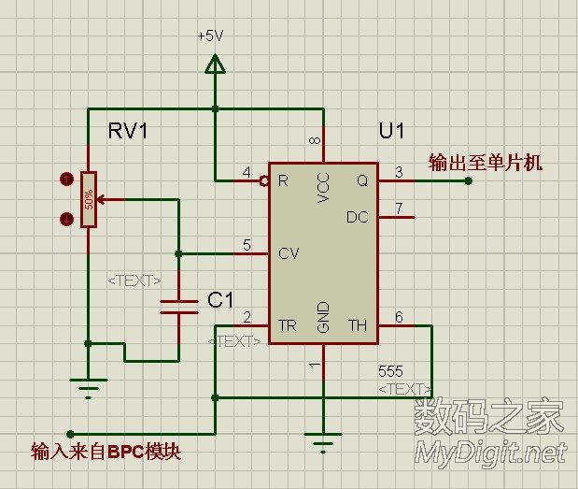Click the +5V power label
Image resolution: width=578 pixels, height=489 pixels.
pyautogui.click(x=210, y=36)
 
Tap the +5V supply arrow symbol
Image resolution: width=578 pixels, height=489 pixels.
pyautogui.click(x=215, y=64)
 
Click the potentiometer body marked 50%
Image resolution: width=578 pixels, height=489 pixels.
pyautogui.click(x=89, y=199)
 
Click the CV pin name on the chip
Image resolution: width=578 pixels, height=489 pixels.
pyautogui.click(x=288, y=253)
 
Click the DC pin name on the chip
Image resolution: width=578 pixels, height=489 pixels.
pyautogui.click(x=358, y=217)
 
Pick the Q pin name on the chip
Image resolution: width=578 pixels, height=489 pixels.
pyautogui.click(x=362, y=180)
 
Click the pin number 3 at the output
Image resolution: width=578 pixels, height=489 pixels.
pyautogui.click(x=399, y=172)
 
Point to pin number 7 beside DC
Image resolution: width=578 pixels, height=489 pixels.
pyautogui.click(x=399, y=208)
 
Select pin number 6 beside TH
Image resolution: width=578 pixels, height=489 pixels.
pyautogui.click(x=399, y=317)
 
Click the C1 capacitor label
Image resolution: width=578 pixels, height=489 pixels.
pyautogui.click(x=220, y=299)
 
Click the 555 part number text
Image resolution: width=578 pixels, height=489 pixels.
pyautogui.click(x=391, y=371)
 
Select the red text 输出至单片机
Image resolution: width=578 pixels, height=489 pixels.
pyautogui.click(x=486, y=163)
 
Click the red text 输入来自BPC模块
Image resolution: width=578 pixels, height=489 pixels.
pyautogui.click(x=106, y=452)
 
